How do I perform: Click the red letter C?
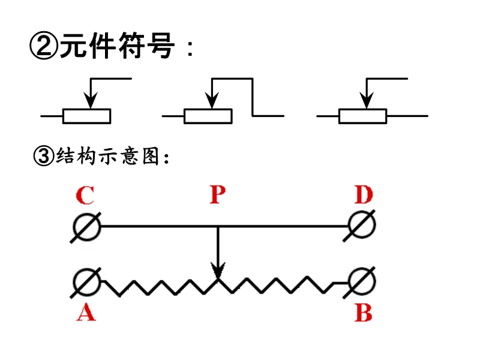[x=85, y=196]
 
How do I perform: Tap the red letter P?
[x=217, y=196]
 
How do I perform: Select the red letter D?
[x=364, y=196]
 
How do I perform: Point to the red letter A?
[x=86, y=311]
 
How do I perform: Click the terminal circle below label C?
[x=86, y=227]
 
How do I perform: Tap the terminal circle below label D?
[x=362, y=227]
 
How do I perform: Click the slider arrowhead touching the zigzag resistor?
[x=218, y=274]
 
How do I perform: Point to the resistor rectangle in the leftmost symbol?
[x=87, y=116]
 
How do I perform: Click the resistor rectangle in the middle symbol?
[x=208, y=116]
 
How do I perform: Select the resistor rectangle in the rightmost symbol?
[x=363, y=116]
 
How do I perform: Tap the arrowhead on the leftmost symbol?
[x=89, y=102]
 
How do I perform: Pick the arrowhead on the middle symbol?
[x=211, y=102]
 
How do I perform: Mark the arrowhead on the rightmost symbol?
[x=364, y=102]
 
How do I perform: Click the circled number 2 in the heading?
[x=43, y=47]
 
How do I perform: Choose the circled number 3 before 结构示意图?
[x=43, y=157]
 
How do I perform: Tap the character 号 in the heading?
[x=161, y=46]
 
